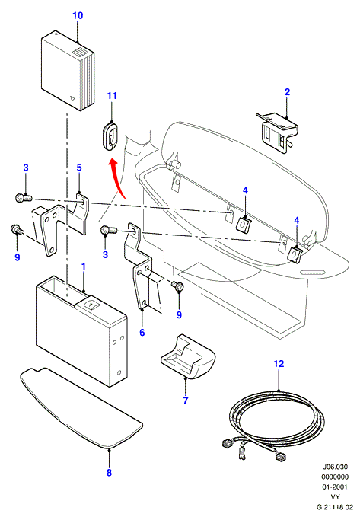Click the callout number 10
78,15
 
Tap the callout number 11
112,96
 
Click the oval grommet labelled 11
110,137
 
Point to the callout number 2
287,92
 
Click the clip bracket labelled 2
278,132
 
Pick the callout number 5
79,168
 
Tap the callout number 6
142,332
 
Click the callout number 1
84,266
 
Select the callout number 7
185,401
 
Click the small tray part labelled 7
188,356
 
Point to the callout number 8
109,473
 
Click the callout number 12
279,364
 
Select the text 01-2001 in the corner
335,487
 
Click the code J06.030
335,468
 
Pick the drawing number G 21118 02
332,506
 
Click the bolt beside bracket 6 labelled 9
178,286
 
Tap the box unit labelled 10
68,71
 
